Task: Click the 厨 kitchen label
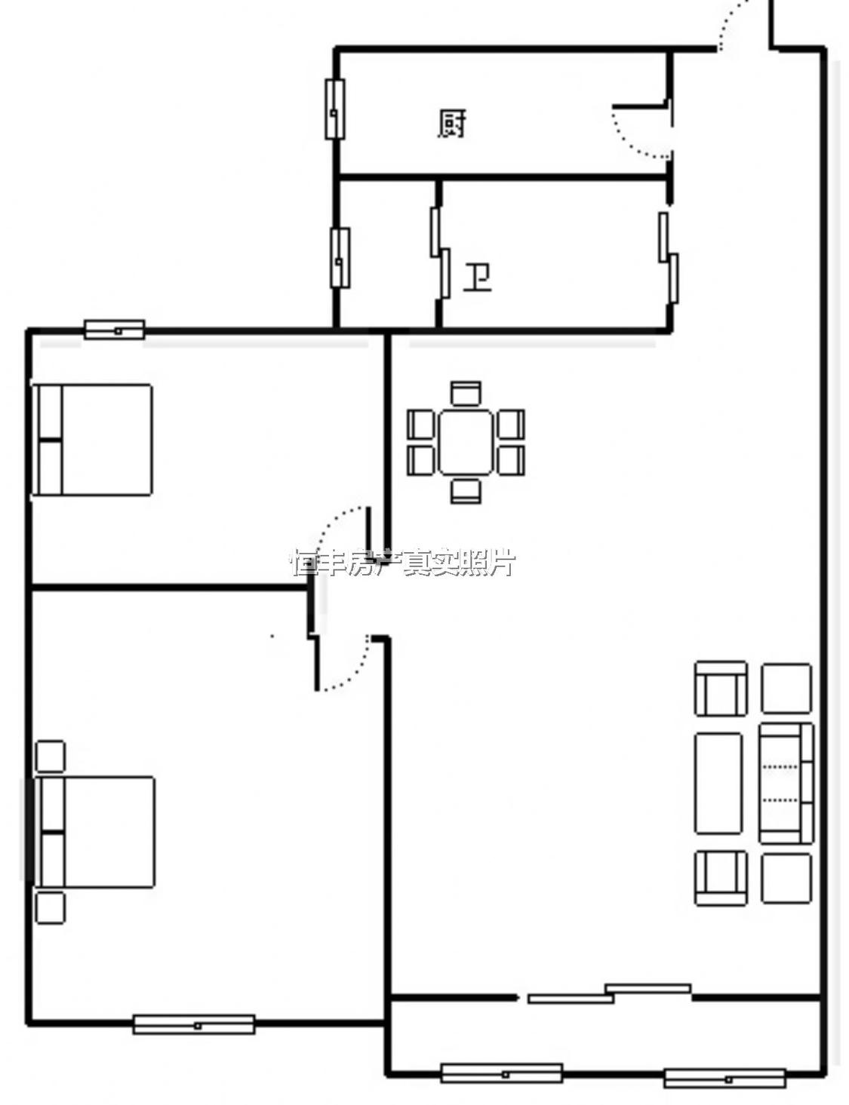point(451,124)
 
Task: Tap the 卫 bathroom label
point(477,278)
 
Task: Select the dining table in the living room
point(466,443)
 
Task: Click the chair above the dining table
point(466,393)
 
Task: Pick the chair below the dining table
point(466,491)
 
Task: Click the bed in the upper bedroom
point(92,440)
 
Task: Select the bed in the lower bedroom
point(94,832)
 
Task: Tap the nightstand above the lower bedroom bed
point(50,757)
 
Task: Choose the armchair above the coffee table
point(720,689)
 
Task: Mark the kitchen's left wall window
point(335,109)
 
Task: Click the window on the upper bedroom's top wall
point(115,330)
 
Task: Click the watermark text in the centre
point(403,563)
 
